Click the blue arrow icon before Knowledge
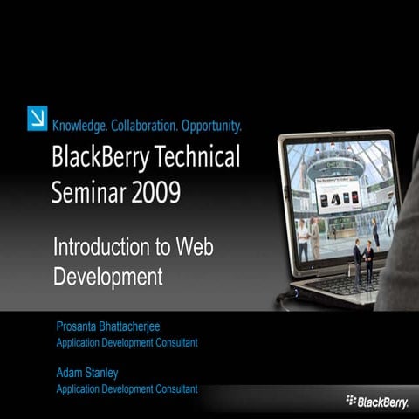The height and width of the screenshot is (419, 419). (x=38, y=117)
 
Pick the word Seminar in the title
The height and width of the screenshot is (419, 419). (x=86, y=191)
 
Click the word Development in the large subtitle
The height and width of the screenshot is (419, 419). (x=108, y=277)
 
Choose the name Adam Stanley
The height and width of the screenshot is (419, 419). (x=88, y=372)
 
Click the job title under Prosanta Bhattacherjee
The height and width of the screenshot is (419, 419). (x=127, y=343)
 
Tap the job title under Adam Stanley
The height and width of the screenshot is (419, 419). (x=127, y=388)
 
